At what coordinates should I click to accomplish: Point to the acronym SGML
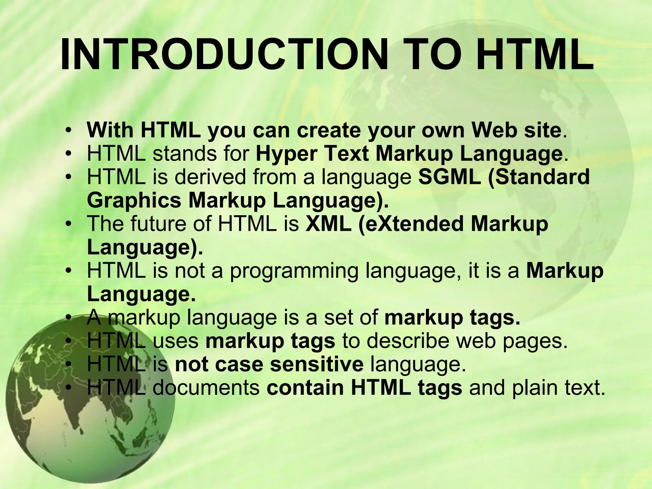[450, 177]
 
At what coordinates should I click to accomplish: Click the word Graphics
[134, 201]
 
